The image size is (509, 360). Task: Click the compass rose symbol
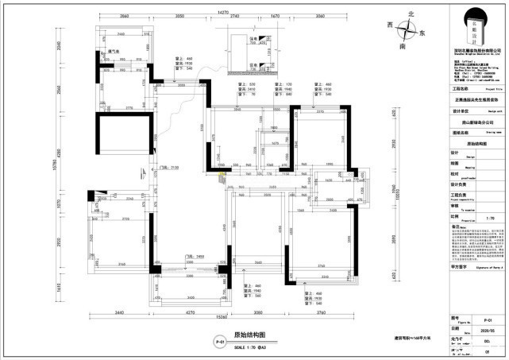coord(410,31)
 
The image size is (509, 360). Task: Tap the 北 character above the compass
coord(411,14)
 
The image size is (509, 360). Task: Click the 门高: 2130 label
coord(169,168)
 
